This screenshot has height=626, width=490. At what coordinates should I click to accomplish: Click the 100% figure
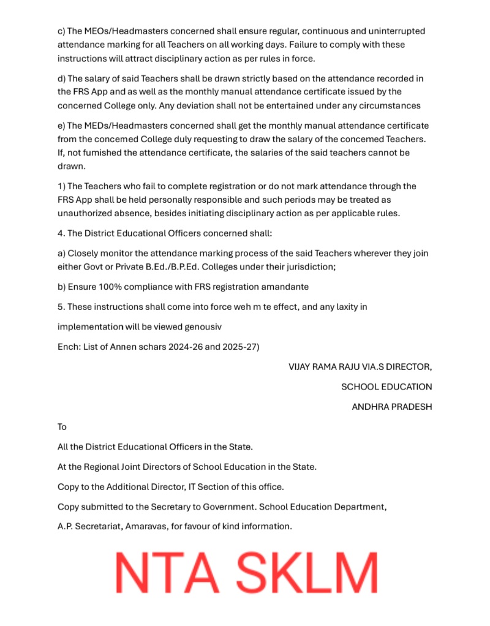coord(110,286)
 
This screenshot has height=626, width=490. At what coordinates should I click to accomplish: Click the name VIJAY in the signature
coord(301,367)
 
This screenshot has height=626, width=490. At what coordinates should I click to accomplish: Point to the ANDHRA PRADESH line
coord(391,407)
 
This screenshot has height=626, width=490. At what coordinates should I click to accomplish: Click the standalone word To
coord(62,427)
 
